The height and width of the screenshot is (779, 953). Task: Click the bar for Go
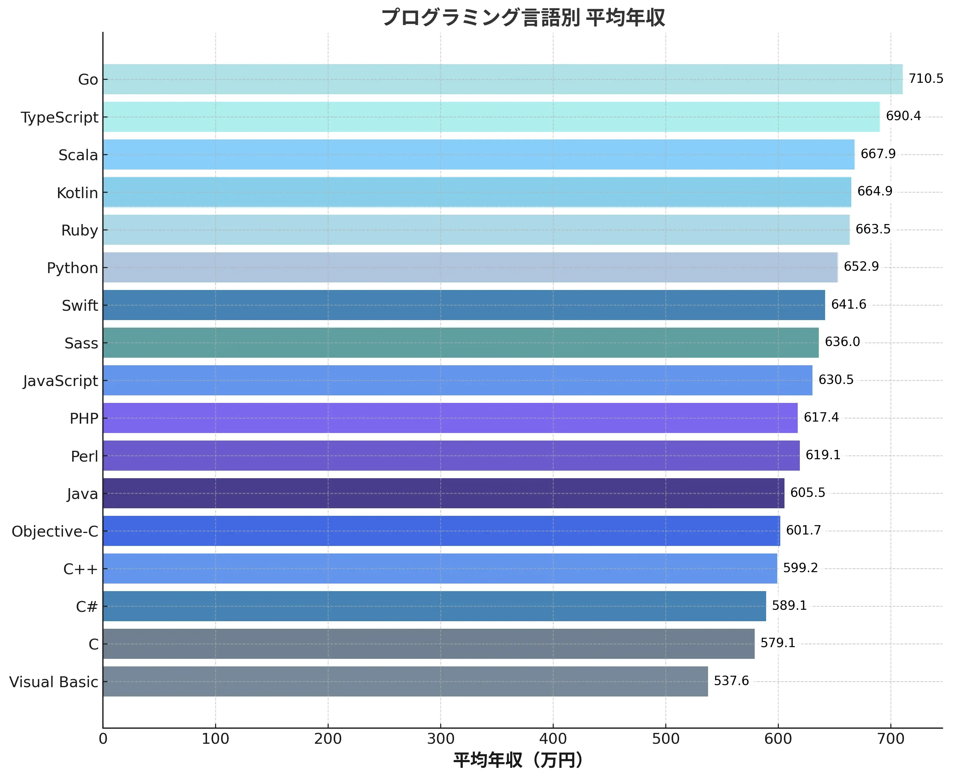pos(502,79)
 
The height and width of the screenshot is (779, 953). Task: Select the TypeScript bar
pos(491,117)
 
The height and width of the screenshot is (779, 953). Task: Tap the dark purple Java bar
pos(443,494)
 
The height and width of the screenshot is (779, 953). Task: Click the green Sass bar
pos(461,343)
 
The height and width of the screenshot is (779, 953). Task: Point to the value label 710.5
pos(926,79)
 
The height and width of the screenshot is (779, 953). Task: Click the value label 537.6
pos(731,681)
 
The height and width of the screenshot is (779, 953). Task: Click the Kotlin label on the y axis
pos(77,193)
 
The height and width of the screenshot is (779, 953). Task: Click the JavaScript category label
pos(60,381)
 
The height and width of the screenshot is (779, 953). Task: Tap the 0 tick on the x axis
pos(103,739)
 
